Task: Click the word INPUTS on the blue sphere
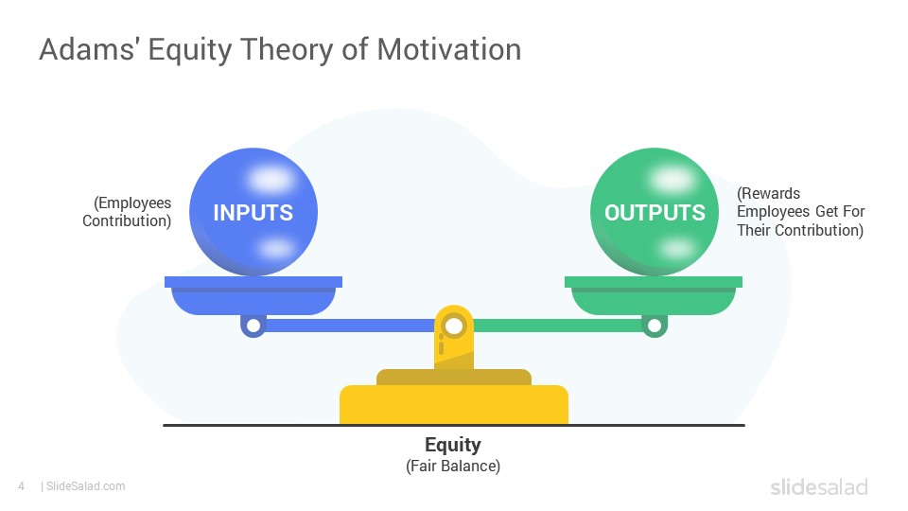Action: tap(253, 213)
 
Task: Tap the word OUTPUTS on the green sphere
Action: tap(655, 213)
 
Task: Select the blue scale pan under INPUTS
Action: tap(253, 295)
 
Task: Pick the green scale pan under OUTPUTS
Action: tap(654, 295)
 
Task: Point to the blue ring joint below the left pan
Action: tap(253, 326)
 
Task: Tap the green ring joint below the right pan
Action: tap(655, 326)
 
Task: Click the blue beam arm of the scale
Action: tap(350, 326)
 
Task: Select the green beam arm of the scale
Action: tap(558, 326)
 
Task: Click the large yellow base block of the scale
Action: tap(454, 404)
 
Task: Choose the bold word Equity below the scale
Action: tap(453, 445)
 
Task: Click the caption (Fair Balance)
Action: tap(453, 466)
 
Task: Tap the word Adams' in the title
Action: tap(87, 48)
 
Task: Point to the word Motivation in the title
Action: tap(449, 48)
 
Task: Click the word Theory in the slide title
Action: tap(287, 50)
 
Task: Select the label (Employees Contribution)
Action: tap(127, 211)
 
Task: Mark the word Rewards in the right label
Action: tap(770, 193)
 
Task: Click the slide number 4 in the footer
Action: tap(22, 486)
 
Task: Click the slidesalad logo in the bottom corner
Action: tap(819, 486)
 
